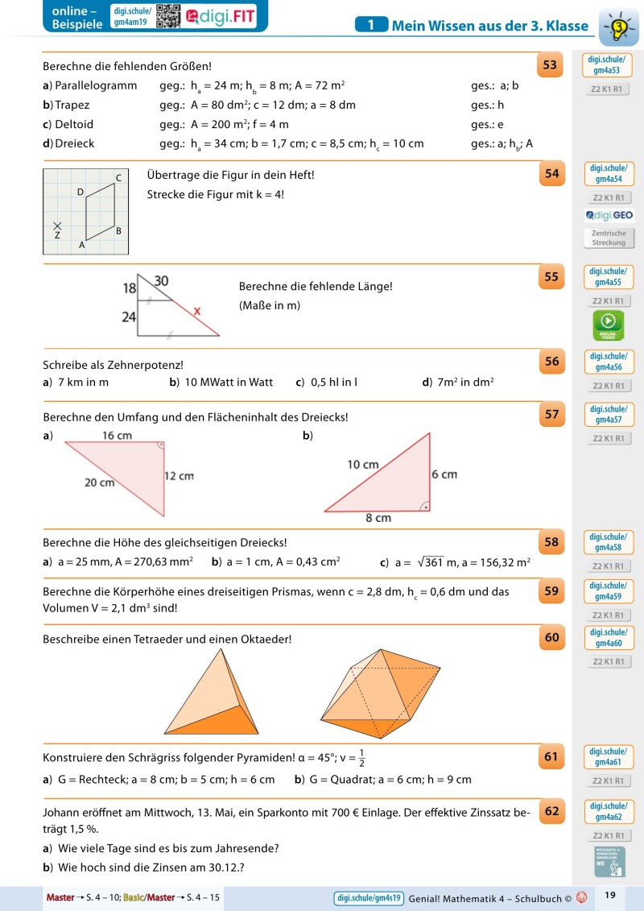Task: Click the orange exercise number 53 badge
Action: coord(551,65)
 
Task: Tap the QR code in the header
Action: coord(167,16)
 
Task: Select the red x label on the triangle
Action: coord(196,310)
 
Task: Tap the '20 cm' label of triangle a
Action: coord(100,482)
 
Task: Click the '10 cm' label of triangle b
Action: coord(363,465)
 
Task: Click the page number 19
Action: coord(609,896)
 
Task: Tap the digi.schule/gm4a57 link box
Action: coord(608,415)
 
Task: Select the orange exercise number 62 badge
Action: coord(551,811)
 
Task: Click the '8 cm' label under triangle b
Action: coord(378,518)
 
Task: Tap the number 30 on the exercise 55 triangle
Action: coord(161,280)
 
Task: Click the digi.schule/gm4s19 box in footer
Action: coord(367,897)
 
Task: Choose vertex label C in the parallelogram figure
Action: coord(118,177)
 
